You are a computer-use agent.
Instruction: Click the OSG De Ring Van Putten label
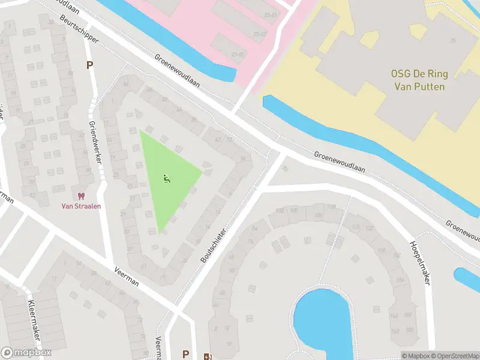pos(418,80)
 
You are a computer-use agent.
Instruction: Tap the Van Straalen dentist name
pos(81,206)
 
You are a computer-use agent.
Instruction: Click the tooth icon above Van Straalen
pos(81,196)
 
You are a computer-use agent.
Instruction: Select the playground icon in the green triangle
pos(166,178)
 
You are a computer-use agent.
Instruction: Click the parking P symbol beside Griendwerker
pos(90,65)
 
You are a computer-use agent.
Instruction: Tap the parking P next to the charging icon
pos(186,354)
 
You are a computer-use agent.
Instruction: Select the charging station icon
pos(208,356)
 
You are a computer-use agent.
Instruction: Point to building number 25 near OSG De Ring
pos(453,40)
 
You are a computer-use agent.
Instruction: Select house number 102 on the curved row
pos(279,211)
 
